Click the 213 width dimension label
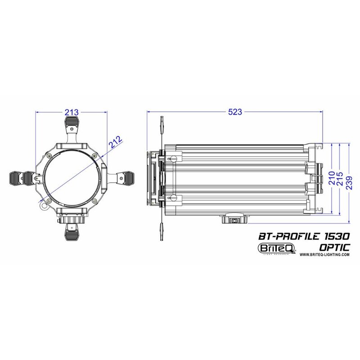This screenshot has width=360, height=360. click(x=72, y=112)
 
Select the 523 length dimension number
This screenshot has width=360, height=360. click(x=235, y=112)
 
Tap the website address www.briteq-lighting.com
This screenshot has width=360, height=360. click(x=324, y=254)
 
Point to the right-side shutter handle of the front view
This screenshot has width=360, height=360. click(x=127, y=178)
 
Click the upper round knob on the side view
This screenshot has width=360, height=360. click(x=173, y=157)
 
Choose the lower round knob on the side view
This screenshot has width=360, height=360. click(x=173, y=198)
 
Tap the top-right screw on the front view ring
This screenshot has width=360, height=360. click(x=94, y=156)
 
